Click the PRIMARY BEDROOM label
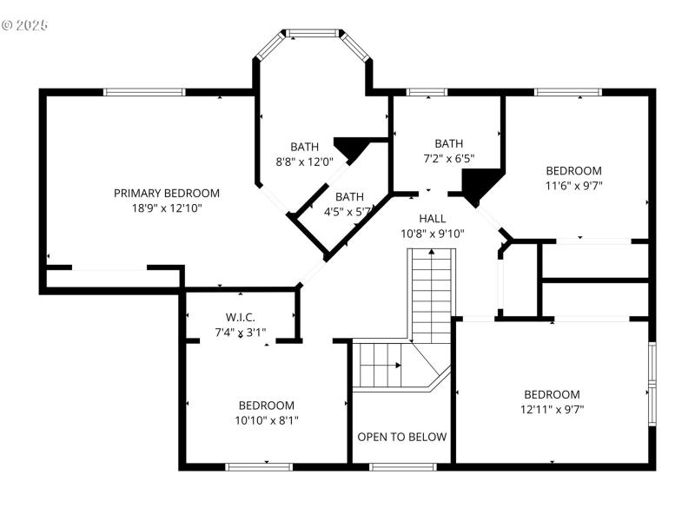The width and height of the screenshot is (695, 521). [166, 193]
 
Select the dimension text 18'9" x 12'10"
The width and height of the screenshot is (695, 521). [166, 208]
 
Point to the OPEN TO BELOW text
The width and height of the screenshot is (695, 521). [402, 437]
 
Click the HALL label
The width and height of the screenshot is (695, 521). [433, 218]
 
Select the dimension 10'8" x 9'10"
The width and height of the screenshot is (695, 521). [433, 233]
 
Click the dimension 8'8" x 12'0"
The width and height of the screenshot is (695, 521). [304, 161]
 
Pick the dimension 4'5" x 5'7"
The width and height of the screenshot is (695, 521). [348, 211]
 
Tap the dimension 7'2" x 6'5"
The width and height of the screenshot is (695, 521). [448, 158]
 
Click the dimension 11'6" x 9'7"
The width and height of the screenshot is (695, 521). [573, 185]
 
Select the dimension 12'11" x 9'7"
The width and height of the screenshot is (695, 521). [552, 408]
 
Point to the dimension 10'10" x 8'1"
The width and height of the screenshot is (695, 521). [266, 419]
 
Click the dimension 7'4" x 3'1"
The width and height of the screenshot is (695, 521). [240, 332]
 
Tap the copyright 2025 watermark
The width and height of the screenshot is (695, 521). [24, 24]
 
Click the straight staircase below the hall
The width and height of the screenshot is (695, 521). [432, 295]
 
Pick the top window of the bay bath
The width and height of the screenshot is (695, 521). [313, 34]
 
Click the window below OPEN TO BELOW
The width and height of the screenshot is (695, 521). [402, 467]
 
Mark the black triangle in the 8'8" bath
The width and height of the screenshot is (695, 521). [352, 148]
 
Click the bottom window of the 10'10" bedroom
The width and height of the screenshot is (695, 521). [258, 467]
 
